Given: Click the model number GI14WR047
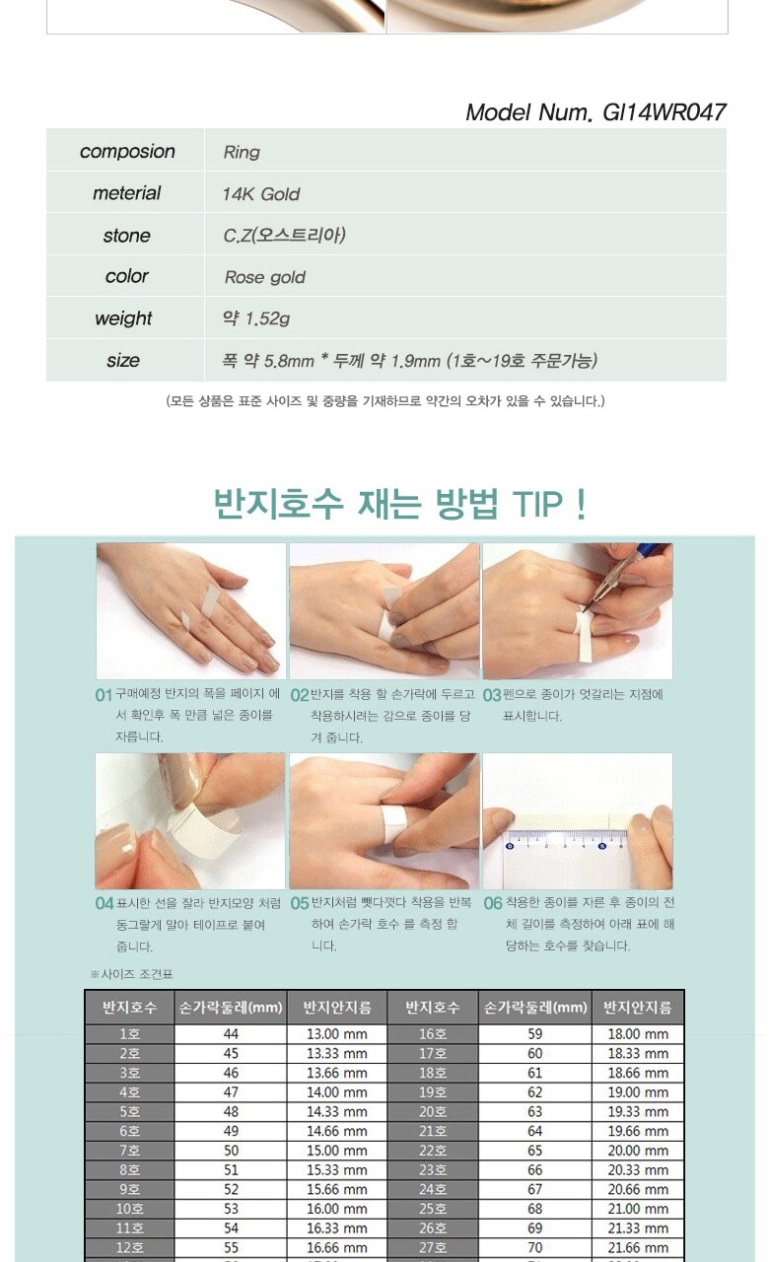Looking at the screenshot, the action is [x=664, y=112].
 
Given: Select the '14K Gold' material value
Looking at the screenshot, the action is [x=261, y=194].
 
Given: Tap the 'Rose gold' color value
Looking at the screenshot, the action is [x=265, y=277].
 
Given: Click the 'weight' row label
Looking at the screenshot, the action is [x=124, y=318].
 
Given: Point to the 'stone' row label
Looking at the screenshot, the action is [x=127, y=236].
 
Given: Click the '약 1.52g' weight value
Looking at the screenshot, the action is [x=256, y=318].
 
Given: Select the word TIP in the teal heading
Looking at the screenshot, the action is [x=537, y=504].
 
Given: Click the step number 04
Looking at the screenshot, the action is [x=105, y=904].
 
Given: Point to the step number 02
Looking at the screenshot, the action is [x=299, y=695].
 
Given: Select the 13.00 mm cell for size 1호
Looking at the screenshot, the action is [x=337, y=1034].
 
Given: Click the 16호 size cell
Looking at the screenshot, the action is [x=433, y=1034].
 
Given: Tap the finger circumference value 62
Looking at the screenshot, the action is [x=534, y=1091].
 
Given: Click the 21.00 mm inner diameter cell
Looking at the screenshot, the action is [x=638, y=1209].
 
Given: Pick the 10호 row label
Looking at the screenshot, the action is [x=129, y=1209].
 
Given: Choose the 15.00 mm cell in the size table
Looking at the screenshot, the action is [x=337, y=1151].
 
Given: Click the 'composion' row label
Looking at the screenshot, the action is [x=127, y=152].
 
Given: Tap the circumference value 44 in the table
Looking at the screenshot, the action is [x=231, y=1034].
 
